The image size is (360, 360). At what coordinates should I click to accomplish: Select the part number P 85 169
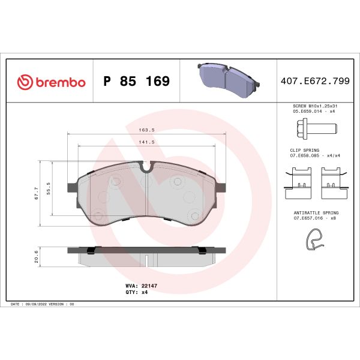tap(136, 82)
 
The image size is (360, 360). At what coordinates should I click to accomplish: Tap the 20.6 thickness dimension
tap(37, 256)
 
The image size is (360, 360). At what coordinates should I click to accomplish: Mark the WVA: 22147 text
tap(140, 287)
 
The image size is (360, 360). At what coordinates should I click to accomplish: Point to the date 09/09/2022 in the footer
tap(37, 305)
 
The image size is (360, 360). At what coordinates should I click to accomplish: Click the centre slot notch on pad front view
tap(148, 169)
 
